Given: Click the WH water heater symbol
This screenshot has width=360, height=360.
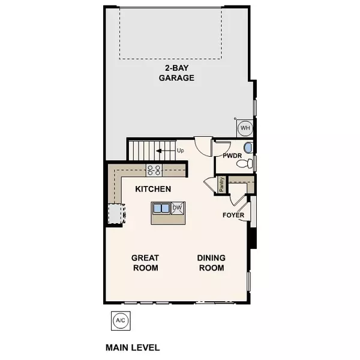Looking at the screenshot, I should coord(245,128).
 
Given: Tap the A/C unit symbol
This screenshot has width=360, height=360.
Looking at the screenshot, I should coord(121,320).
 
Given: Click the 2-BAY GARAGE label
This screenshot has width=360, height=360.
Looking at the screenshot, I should coord(176,73).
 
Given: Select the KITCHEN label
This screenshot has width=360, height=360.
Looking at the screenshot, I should coord(153,189).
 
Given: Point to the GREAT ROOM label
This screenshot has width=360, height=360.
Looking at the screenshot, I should coord(145,263).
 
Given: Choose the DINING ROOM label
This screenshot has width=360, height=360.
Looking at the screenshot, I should coord(211,263).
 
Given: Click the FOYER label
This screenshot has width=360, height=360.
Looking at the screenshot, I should coord(233,215).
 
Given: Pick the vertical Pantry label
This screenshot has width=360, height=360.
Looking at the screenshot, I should coord(222,184).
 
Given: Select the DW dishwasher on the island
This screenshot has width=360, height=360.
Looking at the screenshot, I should coord(177,208).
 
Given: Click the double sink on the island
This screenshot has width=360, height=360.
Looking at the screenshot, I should coord(161,209).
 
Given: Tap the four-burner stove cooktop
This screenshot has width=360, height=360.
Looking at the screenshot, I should coord(154,170).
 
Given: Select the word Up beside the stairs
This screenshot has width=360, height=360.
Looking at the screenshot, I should coord(180,150).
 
